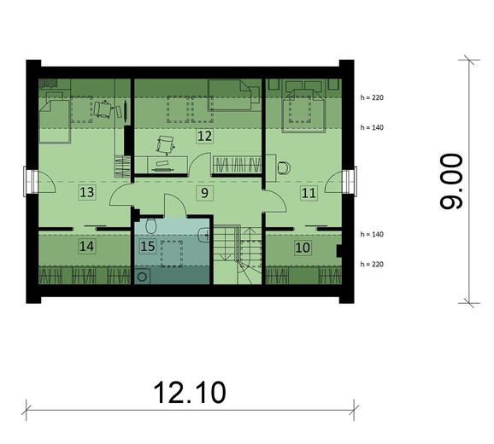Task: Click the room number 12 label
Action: click(204, 135)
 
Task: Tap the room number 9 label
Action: click(203, 192)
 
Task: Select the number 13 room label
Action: click(86, 192)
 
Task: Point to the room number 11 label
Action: click(308, 193)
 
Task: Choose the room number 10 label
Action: click(302, 247)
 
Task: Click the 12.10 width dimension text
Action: click(190, 393)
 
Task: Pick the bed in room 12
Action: click(232, 95)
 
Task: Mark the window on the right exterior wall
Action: click(348, 182)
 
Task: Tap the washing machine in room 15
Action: click(142, 276)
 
